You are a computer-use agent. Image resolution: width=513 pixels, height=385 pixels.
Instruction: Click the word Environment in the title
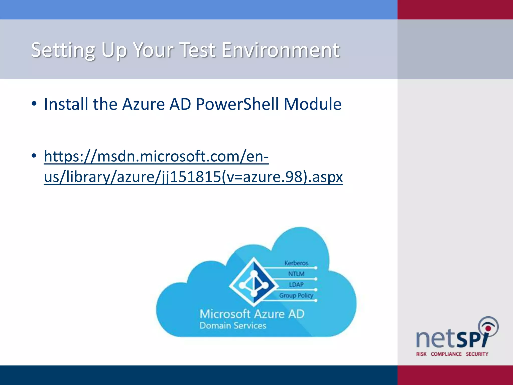281,50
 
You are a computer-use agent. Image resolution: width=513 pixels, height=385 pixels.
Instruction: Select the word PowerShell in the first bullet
237,104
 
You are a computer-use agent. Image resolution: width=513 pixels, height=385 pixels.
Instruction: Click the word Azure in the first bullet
143,104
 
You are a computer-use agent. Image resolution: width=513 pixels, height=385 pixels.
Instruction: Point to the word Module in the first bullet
312,104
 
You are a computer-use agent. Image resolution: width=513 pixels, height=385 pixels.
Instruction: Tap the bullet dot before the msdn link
34,156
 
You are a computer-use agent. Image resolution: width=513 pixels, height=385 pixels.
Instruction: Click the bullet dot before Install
34,104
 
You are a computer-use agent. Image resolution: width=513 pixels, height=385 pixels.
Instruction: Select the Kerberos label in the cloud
296,263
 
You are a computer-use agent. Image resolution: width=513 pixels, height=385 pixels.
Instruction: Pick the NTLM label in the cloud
296,274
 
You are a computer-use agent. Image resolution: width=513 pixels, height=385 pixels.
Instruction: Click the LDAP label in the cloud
296,284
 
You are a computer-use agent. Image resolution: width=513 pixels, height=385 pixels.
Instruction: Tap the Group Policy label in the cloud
296,295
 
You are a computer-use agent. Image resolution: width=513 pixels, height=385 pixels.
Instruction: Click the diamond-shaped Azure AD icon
254,282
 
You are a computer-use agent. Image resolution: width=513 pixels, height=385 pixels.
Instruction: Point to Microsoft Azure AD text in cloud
252,314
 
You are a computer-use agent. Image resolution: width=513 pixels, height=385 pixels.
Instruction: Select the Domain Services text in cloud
233,326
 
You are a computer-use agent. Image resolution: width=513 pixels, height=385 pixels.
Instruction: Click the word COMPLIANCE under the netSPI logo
446,354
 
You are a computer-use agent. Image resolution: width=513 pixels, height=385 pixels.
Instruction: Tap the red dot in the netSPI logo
488,328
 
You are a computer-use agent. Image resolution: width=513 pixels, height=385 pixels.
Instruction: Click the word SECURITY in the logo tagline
477,354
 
